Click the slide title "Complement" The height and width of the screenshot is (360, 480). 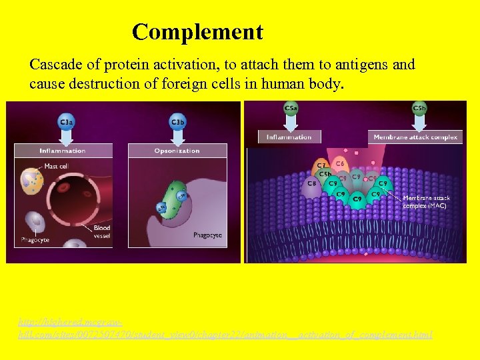(x=197, y=31)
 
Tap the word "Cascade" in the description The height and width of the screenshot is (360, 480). (x=55, y=65)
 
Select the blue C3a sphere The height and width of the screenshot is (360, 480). (x=67, y=122)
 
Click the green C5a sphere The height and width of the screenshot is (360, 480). (x=291, y=107)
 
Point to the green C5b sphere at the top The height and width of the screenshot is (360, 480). (x=419, y=107)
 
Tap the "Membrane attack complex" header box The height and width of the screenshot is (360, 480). (x=415, y=137)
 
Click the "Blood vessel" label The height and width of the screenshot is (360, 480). (x=102, y=231)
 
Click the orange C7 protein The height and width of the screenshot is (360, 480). (x=320, y=164)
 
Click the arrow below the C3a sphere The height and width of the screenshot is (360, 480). (x=67, y=137)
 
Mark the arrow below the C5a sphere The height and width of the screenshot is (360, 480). (x=291, y=122)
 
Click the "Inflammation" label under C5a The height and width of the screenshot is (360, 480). (x=289, y=137)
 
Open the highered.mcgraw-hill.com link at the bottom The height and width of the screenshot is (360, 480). (x=225, y=327)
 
